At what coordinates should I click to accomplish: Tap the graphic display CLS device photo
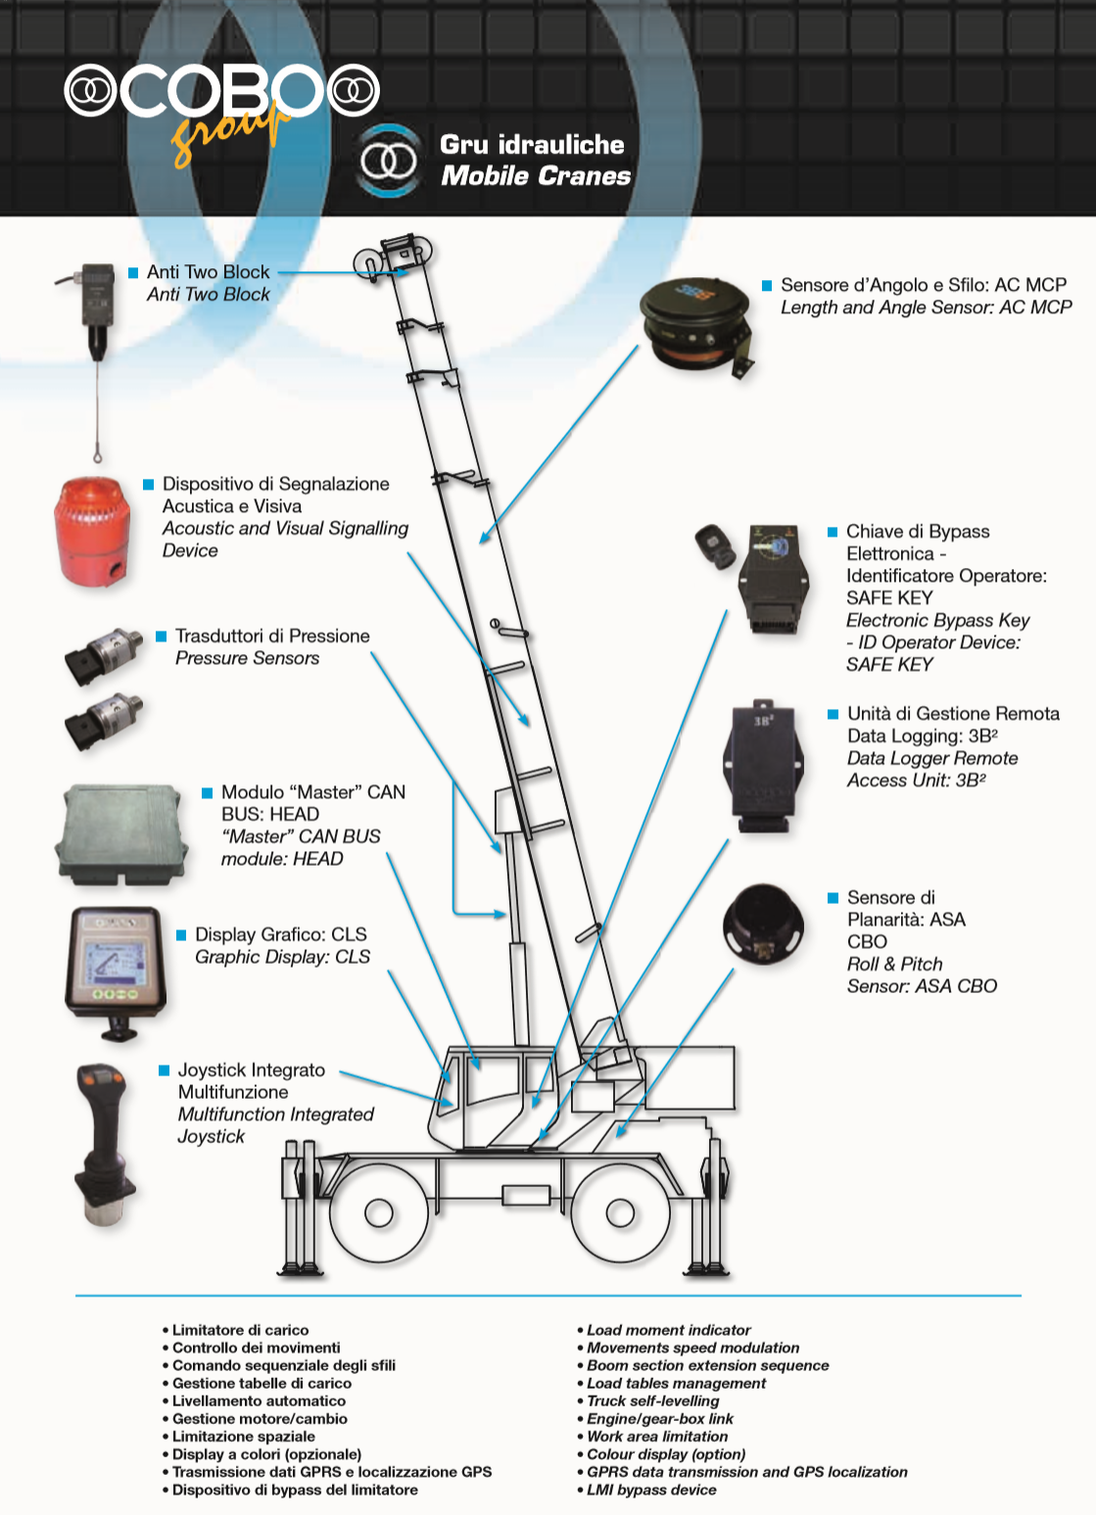tap(116, 966)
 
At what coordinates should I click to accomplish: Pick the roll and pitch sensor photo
tap(763, 928)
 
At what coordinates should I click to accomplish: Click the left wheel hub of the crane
tap(379, 1213)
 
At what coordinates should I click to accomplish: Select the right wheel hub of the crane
tap(620, 1213)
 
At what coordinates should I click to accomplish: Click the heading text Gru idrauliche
tap(532, 145)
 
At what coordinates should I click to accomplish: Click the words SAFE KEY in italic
tap(889, 665)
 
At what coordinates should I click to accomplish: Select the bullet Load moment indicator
tap(668, 1330)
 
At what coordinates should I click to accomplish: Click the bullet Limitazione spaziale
tap(243, 1437)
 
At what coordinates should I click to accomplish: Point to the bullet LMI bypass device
tap(650, 1490)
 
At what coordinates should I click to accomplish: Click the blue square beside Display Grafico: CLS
tap(181, 935)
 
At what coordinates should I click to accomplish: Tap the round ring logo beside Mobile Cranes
tap(388, 161)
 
